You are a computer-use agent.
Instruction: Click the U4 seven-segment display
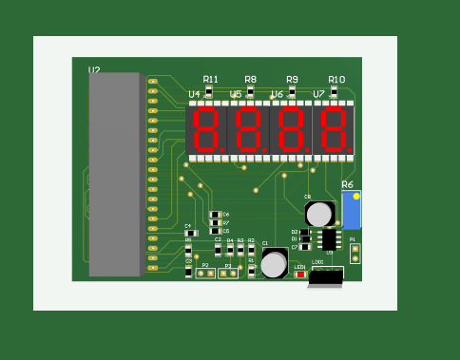point(206,129)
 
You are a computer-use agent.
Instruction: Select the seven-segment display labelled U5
point(249,129)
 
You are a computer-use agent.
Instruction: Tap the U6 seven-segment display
point(291,129)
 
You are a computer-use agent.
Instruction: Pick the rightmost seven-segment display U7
point(333,129)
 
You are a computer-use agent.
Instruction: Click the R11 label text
point(210,80)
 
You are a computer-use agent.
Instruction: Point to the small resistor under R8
point(251,91)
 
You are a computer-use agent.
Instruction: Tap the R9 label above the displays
point(292,80)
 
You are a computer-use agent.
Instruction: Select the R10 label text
point(336,80)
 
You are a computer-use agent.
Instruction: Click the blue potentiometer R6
point(351,209)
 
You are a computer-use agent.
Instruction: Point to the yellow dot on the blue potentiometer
point(356,197)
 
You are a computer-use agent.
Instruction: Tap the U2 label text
point(94,70)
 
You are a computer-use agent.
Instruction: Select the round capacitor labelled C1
point(274,263)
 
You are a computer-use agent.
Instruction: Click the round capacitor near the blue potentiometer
point(319,213)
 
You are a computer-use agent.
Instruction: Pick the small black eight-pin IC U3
point(329,238)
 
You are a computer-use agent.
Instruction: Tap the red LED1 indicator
point(300,275)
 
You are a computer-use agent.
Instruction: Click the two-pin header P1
point(355,253)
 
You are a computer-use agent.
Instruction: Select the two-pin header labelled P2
point(205,274)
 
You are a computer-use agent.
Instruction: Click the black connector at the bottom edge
point(325,277)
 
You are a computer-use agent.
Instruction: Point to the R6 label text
point(347,185)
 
